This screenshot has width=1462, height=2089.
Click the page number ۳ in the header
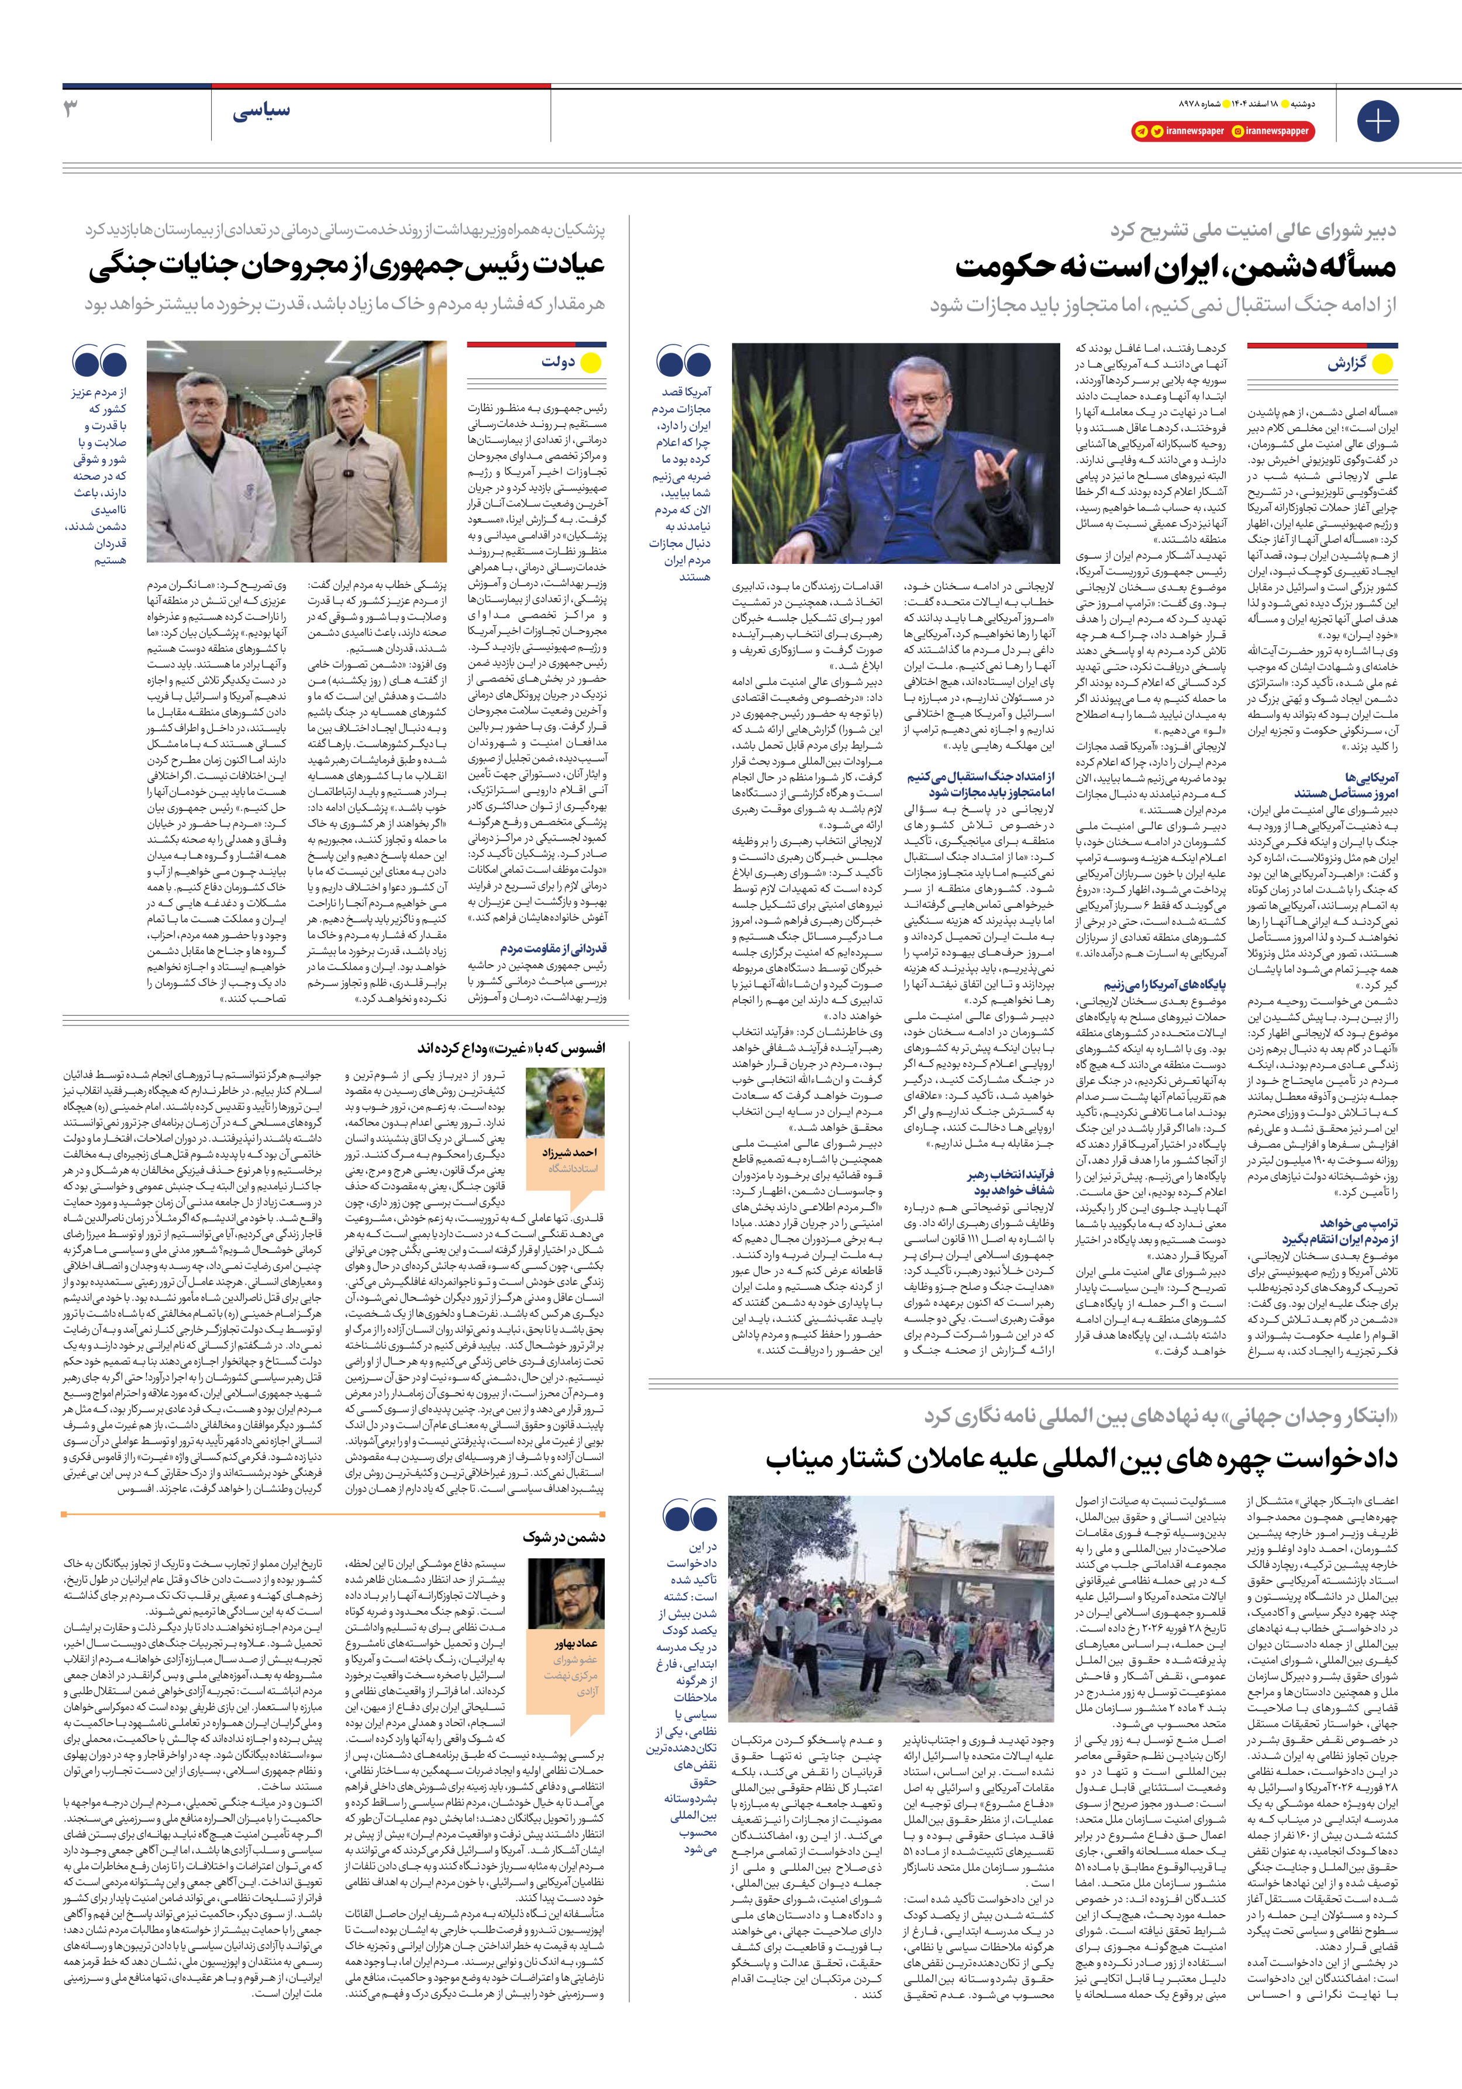(71, 110)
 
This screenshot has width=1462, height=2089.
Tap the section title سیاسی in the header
(261, 112)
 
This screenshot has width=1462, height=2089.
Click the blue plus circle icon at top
(1377, 120)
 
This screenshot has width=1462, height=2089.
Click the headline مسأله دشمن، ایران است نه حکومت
(1174, 267)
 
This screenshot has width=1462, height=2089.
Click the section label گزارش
(1346, 364)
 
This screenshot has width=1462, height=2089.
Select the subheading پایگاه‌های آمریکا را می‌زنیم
(1164, 985)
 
